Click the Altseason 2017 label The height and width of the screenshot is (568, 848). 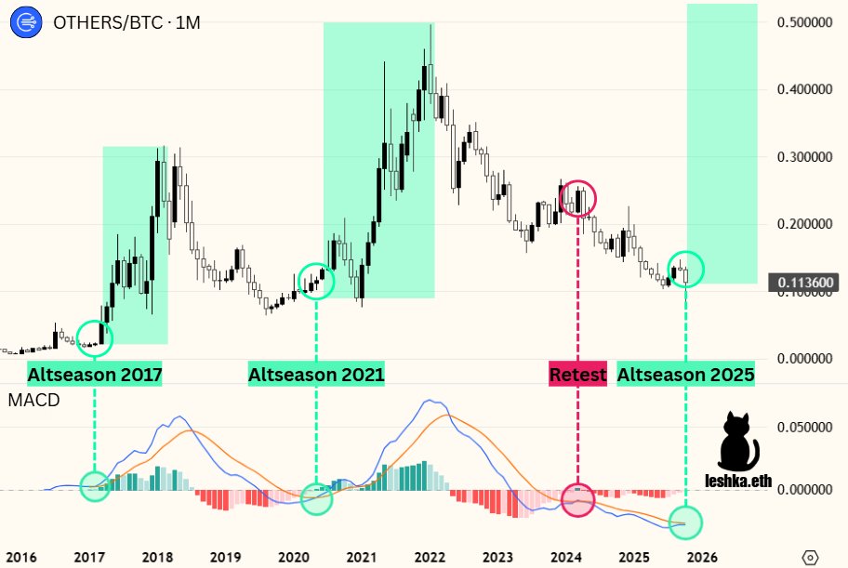tap(95, 376)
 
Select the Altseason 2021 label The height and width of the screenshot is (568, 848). tap(316, 376)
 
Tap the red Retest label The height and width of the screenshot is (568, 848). tap(578, 376)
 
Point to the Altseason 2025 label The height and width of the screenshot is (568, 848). tap(686, 376)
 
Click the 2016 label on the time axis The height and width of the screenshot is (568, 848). tap(20, 557)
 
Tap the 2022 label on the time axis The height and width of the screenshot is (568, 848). tap(430, 557)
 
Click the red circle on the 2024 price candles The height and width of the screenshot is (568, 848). tap(578, 198)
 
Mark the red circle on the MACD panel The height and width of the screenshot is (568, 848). tap(578, 500)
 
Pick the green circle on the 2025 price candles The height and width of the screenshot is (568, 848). tap(686, 269)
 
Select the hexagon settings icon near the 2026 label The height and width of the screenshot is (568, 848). tap(811, 557)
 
